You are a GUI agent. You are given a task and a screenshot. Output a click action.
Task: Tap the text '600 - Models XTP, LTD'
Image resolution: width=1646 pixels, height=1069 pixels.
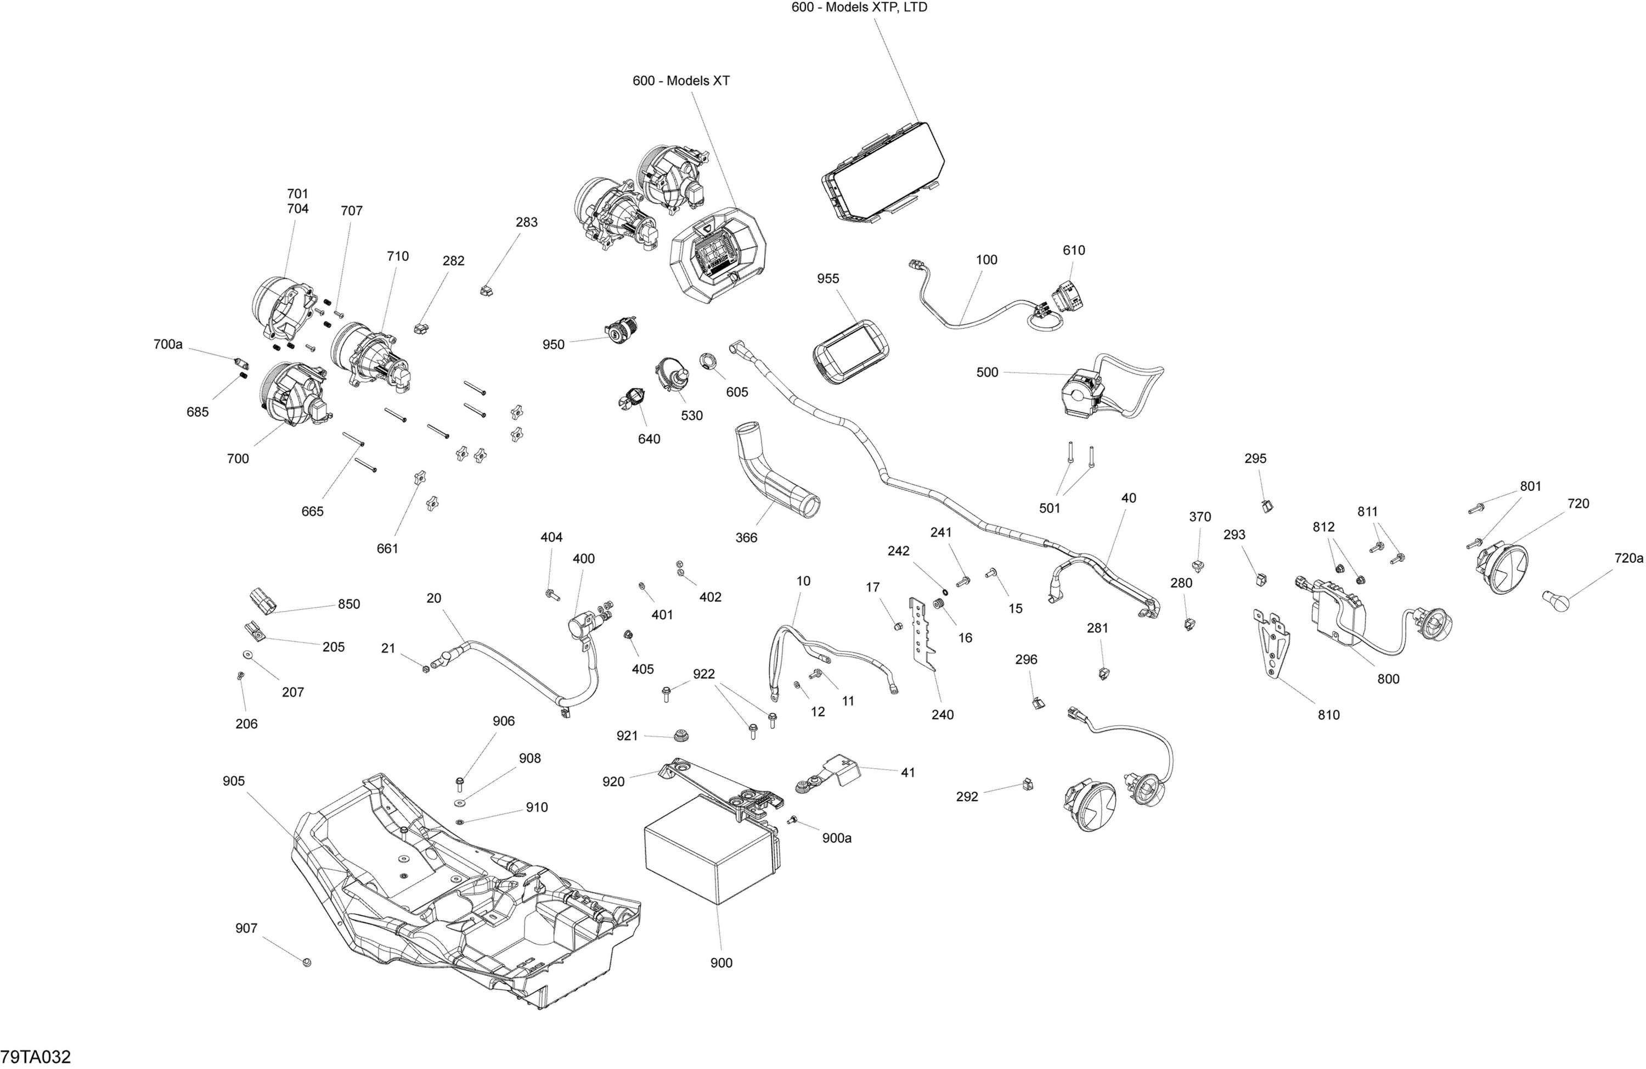(x=859, y=8)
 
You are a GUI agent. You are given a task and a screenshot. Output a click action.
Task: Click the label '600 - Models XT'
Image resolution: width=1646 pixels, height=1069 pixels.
(x=680, y=81)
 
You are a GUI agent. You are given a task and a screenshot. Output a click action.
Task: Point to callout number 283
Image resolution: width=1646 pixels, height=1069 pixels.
(x=526, y=222)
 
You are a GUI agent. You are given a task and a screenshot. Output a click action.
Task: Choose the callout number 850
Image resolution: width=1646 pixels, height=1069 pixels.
(x=348, y=604)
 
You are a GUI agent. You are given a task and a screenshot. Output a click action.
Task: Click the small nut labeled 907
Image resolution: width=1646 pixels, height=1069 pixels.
(x=307, y=962)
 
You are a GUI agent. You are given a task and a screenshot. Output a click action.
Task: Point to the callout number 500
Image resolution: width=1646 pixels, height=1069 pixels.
(x=987, y=372)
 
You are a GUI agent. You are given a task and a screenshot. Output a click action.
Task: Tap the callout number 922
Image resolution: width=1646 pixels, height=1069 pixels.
(x=703, y=674)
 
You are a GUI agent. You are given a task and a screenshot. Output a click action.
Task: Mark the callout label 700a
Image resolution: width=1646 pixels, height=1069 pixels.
(x=168, y=344)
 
